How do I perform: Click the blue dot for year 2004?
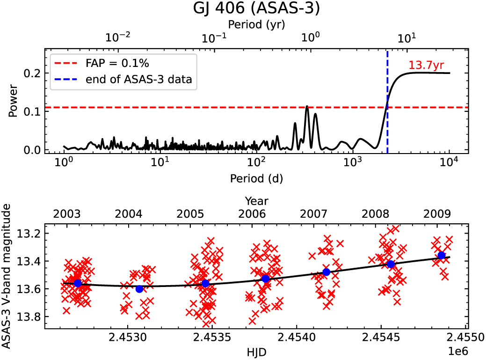[x=139, y=289]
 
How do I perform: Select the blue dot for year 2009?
[x=441, y=255]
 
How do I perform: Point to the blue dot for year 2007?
[x=326, y=272]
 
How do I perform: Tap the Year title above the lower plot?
[x=256, y=201]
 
